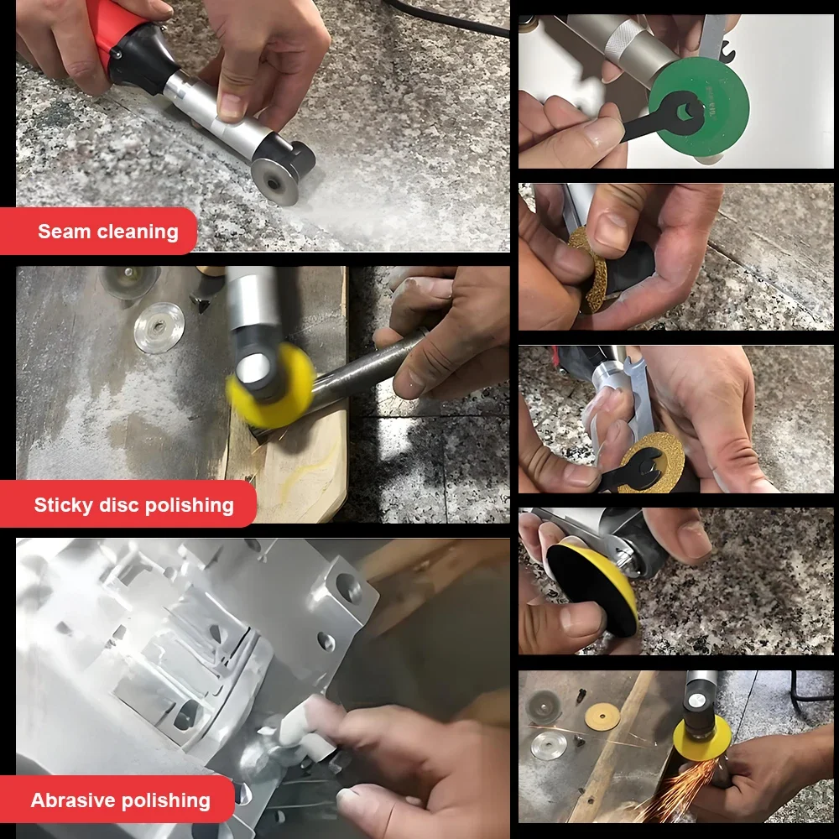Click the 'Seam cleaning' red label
click(x=107, y=232)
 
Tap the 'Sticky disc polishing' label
click(x=133, y=505)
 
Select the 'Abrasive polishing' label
click(x=120, y=800)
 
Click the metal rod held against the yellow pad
click(x=361, y=369)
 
